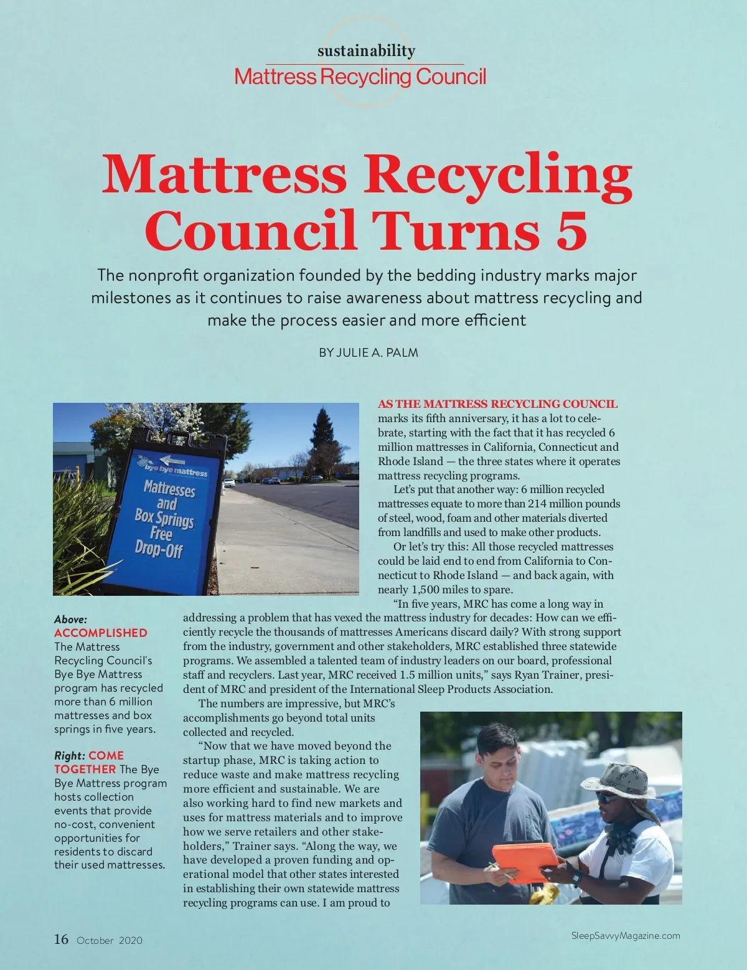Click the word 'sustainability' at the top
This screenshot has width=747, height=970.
point(366,51)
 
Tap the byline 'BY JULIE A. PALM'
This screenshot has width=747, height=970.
point(368,352)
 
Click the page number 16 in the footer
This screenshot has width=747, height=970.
point(61,939)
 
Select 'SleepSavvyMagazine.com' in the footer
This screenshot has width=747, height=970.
point(625,935)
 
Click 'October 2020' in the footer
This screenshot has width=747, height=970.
point(110,940)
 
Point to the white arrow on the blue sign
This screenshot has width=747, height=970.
point(172,461)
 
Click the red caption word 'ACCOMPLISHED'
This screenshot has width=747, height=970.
point(101,633)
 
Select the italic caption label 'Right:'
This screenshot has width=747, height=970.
point(69,756)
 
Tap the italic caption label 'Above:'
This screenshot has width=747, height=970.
point(70,619)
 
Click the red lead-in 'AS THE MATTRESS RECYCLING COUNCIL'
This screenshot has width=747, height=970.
point(497,404)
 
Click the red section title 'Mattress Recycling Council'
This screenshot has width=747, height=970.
point(360,77)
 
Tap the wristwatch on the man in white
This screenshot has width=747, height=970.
point(576,878)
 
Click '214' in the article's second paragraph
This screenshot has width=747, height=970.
point(538,504)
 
